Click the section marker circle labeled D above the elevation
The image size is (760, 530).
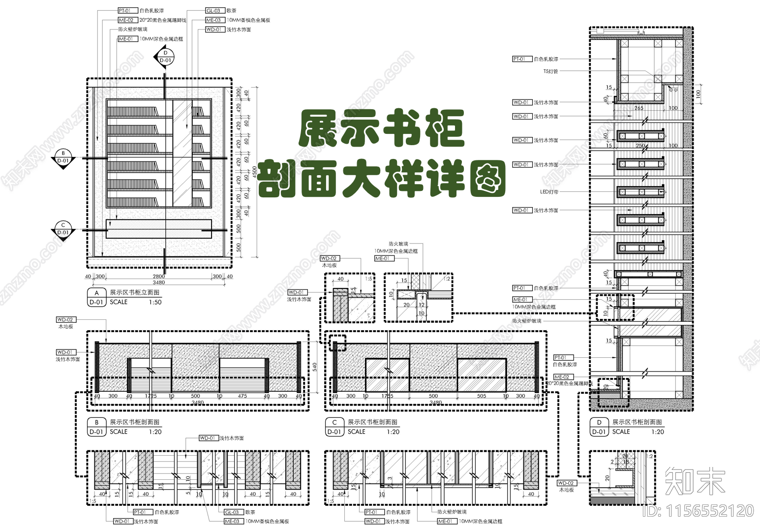165,53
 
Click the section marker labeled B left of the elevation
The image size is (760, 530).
63,154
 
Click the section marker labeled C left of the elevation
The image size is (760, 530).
63,225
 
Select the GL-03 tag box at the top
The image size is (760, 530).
215,10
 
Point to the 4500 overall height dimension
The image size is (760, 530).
254,172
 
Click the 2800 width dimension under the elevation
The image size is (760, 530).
158,277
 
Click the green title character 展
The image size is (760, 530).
319,129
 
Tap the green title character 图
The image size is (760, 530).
487,178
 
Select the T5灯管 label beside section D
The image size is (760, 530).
550,71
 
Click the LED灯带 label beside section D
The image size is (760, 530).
549,192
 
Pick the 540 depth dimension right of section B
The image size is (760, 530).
315,367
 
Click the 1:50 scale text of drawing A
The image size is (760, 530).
155,302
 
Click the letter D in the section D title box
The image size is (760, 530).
599,422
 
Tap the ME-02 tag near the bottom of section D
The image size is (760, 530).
562,377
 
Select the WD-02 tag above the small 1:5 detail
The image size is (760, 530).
329,258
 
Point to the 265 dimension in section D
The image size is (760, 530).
638,108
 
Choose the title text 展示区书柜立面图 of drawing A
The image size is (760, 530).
134,292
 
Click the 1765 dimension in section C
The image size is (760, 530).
387,396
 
